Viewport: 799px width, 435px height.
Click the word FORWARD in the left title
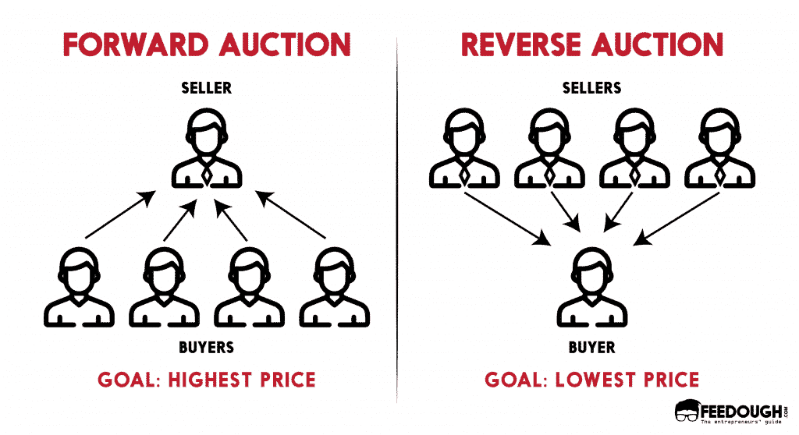(x=136, y=44)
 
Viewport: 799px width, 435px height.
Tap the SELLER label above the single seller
(x=206, y=88)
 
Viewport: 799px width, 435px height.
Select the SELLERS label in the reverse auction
(x=591, y=88)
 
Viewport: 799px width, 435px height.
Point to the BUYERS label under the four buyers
(x=206, y=348)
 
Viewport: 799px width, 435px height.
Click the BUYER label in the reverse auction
(x=591, y=348)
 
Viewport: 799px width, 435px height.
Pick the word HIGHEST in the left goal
(x=210, y=380)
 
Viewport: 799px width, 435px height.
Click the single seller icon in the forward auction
(x=206, y=147)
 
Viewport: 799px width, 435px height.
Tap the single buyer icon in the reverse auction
(x=592, y=287)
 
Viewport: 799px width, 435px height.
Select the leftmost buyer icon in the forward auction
(x=79, y=287)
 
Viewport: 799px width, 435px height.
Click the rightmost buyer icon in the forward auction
(x=335, y=287)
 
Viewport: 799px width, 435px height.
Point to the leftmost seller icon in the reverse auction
(x=464, y=147)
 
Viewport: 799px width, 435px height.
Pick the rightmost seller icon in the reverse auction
(x=720, y=147)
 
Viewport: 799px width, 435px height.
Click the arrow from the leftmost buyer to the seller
(x=120, y=214)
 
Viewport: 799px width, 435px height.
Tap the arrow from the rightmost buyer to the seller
(x=290, y=214)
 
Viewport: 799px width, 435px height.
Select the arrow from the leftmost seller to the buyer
(x=507, y=218)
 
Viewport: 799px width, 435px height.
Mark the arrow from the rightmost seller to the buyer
(x=676, y=218)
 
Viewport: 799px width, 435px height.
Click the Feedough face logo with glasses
(x=688, y=411)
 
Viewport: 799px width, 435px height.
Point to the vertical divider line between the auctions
(x=397, y=220)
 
